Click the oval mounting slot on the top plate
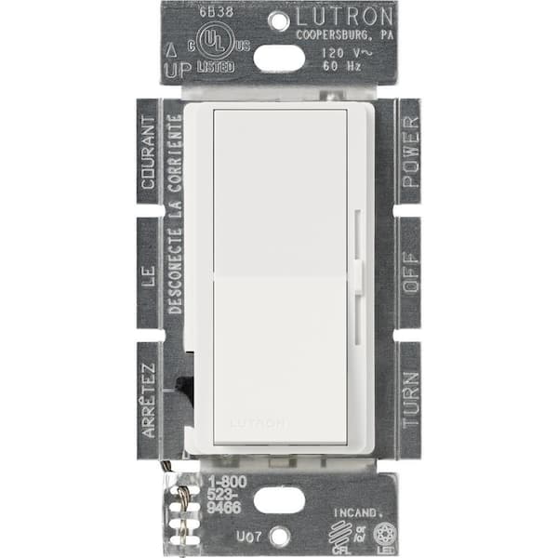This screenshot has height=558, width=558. click(279, 59)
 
